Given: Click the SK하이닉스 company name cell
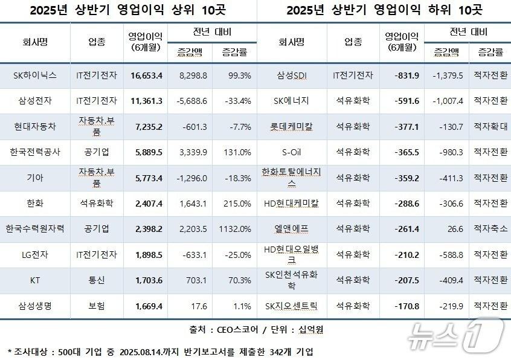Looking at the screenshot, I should [35, 76].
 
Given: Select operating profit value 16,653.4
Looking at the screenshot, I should [146, 76].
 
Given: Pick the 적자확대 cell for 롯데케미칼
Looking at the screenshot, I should [490, 126].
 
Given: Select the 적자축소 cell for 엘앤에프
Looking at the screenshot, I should [490, 230].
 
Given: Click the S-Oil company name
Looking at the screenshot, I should [292, 152].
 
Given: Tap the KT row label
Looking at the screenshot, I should [35, 280].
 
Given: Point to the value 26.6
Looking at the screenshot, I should [447, 230].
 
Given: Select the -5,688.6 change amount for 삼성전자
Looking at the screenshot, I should [190, 101].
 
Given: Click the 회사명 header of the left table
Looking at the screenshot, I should [35, 42].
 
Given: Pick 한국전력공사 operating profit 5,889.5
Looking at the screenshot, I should [146, 152].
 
